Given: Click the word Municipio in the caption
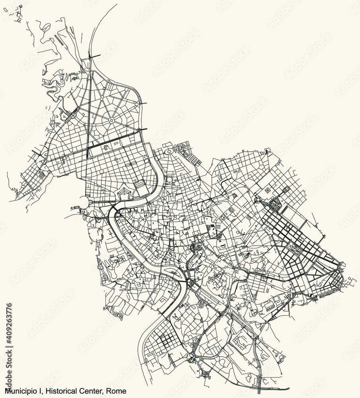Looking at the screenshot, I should (18, 392).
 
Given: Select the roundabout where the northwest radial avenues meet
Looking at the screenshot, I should (112, 119).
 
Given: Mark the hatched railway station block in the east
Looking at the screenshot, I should (276, 205).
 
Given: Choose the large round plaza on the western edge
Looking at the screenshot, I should (85, 202).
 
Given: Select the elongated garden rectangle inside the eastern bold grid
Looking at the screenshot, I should (297, 250).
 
